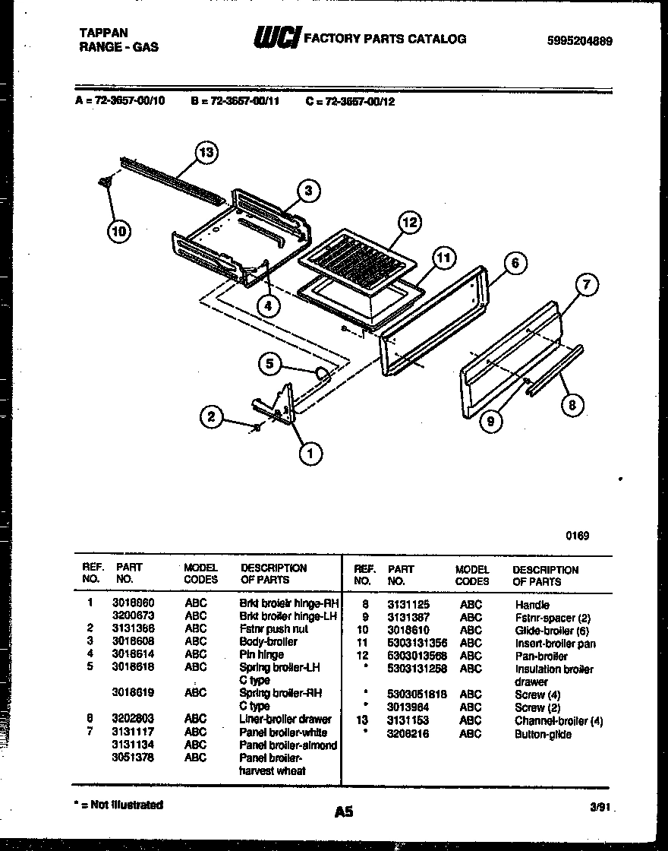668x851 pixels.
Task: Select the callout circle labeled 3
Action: [307, 191]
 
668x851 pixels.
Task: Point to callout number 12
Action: [409, 223]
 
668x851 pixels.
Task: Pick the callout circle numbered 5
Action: [269, 364]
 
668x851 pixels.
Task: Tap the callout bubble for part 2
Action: [212, 416]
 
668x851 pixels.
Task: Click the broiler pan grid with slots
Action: [358, 258]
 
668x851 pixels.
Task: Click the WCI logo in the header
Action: [276, 38]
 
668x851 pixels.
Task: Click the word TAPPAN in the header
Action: [104, 33]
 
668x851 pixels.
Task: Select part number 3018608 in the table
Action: [132, 641]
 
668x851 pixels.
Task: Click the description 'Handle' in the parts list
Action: [531, 605]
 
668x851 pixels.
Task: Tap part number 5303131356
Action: [417, 644]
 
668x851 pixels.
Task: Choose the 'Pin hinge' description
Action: [261, 654]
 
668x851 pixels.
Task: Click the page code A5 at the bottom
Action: [344, 811]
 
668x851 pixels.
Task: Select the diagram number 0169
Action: [577, 536]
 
